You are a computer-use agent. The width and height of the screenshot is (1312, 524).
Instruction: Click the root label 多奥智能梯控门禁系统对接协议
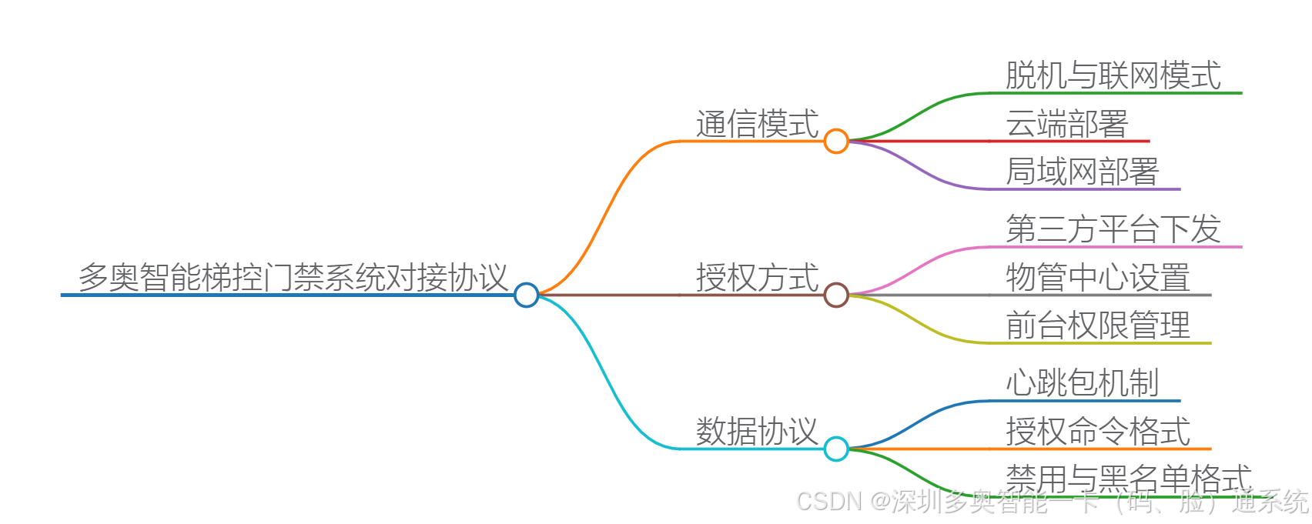tap(293, 277)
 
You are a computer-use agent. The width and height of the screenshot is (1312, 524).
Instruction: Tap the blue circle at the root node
tap(526, 295)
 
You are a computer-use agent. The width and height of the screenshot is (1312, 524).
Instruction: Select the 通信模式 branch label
tap(757, 124)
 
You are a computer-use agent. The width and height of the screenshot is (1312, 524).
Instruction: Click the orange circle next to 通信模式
tap(836, 141)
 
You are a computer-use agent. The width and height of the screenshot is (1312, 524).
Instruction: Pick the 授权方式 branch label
tap(757, 278)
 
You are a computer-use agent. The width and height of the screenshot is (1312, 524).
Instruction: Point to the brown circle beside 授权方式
tap(836, 295)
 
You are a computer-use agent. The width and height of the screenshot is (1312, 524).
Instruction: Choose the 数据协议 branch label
tap(757, 432)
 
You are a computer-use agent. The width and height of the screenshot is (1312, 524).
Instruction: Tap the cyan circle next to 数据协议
tap(836, 449)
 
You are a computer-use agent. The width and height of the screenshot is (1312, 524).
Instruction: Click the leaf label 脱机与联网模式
tap(1113, 75)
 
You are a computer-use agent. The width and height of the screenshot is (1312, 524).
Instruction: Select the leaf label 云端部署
tap(1067, 124)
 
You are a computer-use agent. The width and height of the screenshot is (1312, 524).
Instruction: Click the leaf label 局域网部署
tap(1083, 172)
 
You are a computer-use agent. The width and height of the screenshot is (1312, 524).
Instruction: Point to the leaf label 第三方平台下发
tap(1113, 229)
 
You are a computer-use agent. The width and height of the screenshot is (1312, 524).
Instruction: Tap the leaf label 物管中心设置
tap(1098, 278)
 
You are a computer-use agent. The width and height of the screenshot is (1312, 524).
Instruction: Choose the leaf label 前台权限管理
tap(1098, 325)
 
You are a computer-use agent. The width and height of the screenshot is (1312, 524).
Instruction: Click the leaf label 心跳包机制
tap(1083, 383)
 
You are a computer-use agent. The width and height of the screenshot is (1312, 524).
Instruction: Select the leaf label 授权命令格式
tap(1098, 432)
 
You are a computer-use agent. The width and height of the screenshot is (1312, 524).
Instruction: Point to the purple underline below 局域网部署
tap(1093, 189)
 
